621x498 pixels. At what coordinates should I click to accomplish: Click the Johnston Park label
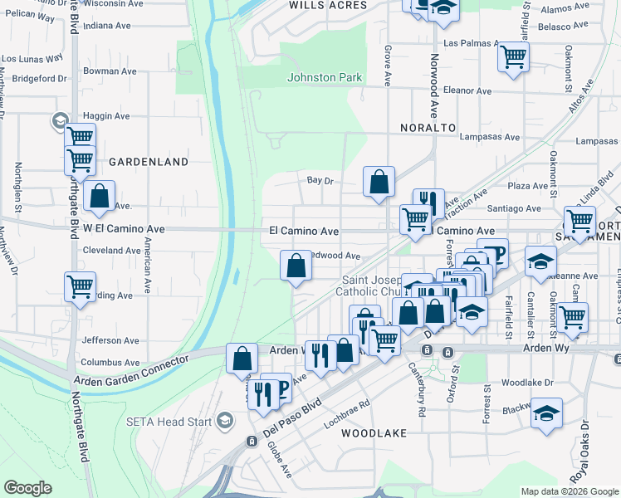(x=325, y=78)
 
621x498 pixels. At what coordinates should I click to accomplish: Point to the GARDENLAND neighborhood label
(x=149, y=162)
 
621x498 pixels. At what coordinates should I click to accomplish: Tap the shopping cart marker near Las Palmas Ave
(x=514, y=57)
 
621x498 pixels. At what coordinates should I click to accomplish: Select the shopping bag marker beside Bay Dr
(x=379, y=182)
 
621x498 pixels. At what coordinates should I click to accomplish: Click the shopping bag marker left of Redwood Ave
(x=296, y=266)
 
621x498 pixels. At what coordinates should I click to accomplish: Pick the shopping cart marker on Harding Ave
(x=81, y=287)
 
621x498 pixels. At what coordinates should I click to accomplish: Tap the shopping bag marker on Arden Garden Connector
(x=242, y=359)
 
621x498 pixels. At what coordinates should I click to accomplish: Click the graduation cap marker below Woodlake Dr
(x=545, y=413)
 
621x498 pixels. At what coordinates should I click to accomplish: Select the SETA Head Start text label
(x=171, y=421)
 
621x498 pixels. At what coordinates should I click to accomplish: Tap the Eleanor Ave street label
(x=468, y=91)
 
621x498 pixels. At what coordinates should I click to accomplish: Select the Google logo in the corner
(x=27, y=488)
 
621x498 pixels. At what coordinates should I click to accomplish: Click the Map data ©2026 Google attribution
(x=569, y=491)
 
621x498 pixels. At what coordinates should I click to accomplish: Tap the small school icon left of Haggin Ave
(x=60, y=121)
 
